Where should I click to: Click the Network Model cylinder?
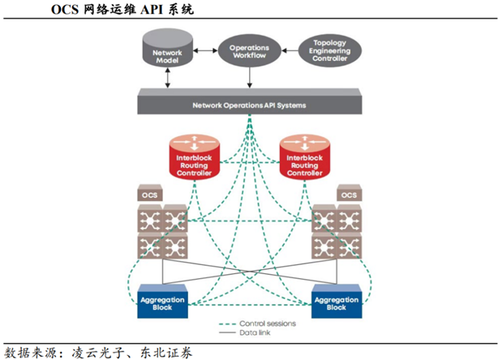coord(168,53)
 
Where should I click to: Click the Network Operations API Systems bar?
coord(248,105)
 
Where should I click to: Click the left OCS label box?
coord(148,195)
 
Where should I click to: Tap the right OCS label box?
coord(349,195)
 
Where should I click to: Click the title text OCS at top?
coord(68,11)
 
